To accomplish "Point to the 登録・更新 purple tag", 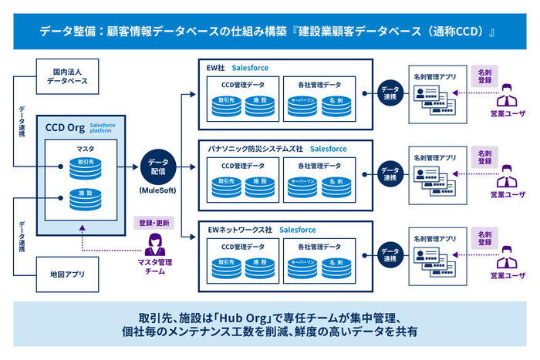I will click(x=155, y=224).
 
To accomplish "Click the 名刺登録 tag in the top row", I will click(x=484, y=76).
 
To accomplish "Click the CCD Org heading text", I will click(x=65, y=127).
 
